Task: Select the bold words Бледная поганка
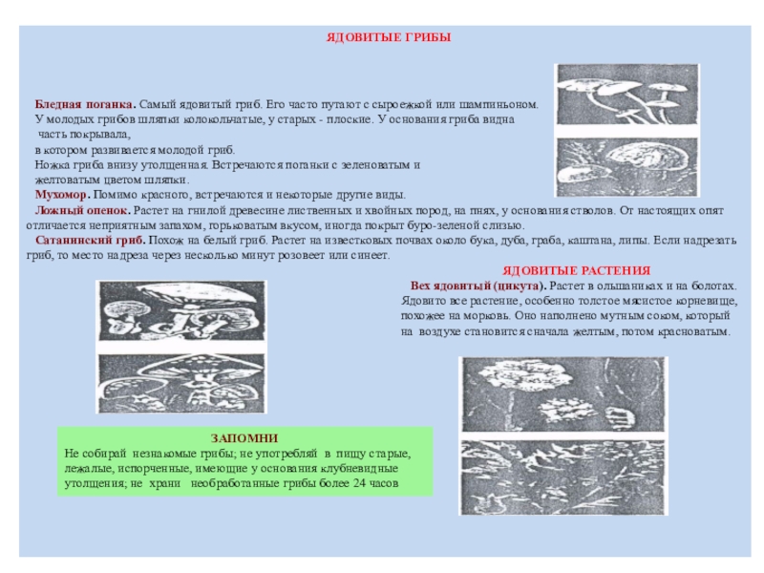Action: click(x=85, y=103)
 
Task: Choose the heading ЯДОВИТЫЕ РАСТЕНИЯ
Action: click(x=576, y=271)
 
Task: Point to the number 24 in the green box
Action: click(x=359, y=484)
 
